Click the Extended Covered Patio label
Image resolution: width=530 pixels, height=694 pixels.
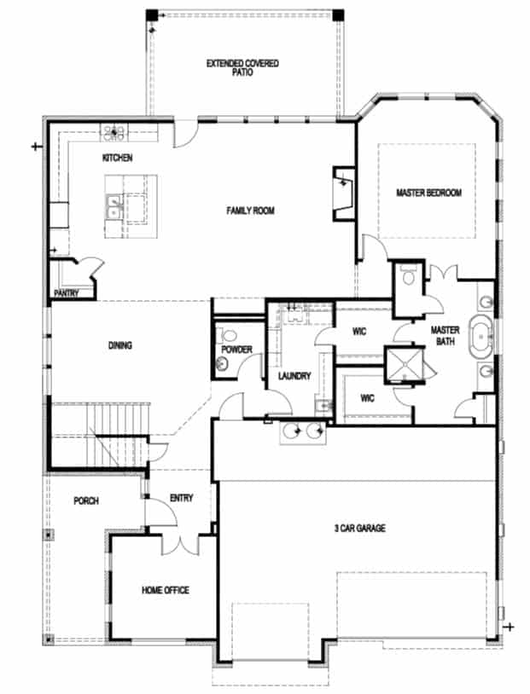(x=242, y=68)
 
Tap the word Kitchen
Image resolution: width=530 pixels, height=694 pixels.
(x=117, y=159)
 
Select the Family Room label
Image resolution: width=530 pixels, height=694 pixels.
(x=250, y=211)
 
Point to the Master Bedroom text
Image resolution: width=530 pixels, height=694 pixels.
(x=428, y=194)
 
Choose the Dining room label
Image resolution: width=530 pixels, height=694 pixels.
(x=119, y=345)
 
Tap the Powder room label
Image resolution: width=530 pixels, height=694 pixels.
(x=235, y=350)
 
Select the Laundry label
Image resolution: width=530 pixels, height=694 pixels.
(x=294, y=376)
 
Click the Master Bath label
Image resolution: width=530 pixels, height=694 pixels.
(x=445, y=335)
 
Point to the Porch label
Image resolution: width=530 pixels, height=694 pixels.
(x=85, y=501)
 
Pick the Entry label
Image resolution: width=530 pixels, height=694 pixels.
(x=181, y=498)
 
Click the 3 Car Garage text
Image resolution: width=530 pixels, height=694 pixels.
(x=359, y=529)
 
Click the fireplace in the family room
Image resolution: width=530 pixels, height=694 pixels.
(x=343, y=192)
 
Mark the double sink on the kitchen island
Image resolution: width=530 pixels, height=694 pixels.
(x=114, y=206)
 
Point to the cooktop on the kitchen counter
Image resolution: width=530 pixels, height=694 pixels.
(x=114, y=132)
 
